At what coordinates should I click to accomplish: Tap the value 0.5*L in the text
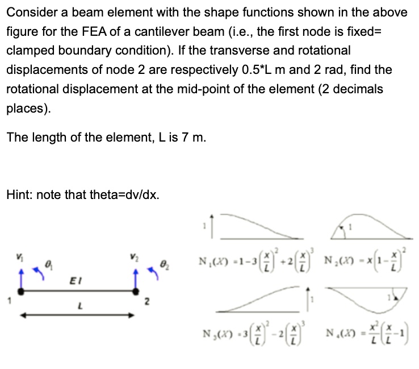270,70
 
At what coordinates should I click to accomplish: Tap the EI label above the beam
74,279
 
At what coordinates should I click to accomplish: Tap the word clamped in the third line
29,51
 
